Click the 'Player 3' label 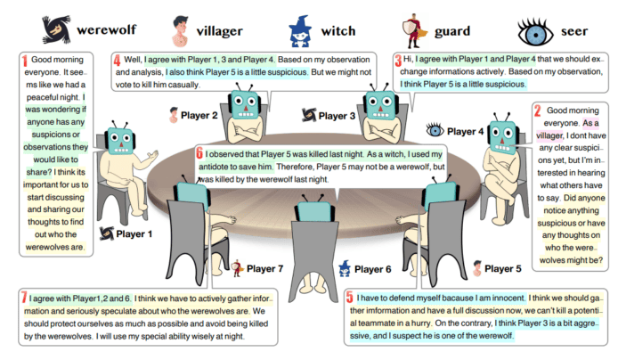click(337, 115)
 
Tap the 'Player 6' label click(373, 268)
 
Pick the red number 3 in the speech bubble click(397, 60)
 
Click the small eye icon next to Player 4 click(435, 130)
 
